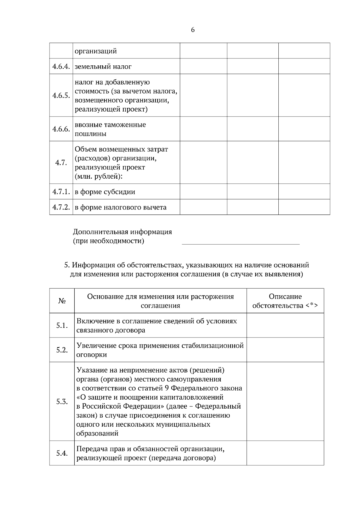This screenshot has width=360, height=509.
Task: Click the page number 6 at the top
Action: (193, 30)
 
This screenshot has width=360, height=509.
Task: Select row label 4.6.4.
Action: (61, 66)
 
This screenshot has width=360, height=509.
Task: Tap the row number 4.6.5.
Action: (61, 95)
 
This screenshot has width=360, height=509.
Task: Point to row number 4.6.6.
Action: (61, 129)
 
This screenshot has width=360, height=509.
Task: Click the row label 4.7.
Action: (61, 162)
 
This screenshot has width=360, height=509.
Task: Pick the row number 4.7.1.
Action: (61, 192)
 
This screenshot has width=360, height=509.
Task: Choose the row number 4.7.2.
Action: (61, 207)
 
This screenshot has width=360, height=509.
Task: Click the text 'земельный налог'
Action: (103, 67)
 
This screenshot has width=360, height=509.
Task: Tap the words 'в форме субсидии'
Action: (105, 192)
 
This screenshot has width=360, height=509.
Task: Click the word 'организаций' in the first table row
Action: (95, 51)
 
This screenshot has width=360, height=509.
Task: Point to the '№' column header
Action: (62, 301)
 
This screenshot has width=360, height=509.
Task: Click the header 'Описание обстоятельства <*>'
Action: (285, 301)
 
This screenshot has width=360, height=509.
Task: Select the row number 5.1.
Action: (62, 326)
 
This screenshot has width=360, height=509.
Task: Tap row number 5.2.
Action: (62, 350)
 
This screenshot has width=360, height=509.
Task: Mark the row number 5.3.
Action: (62, 401)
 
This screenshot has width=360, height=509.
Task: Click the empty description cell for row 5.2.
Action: (285, 350)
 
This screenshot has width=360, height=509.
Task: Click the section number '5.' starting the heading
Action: (67, 265)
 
